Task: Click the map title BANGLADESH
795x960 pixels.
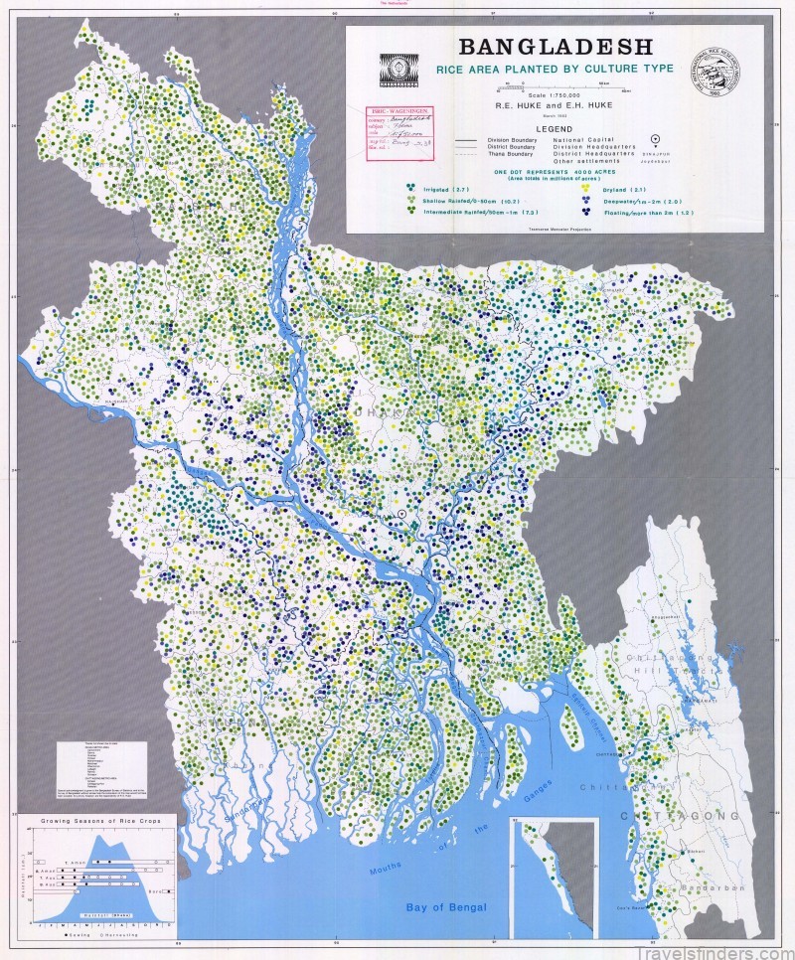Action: coord(556,47)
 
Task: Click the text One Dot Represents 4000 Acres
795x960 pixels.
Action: coord(556,171)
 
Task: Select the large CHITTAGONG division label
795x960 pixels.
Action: coord(681,816)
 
